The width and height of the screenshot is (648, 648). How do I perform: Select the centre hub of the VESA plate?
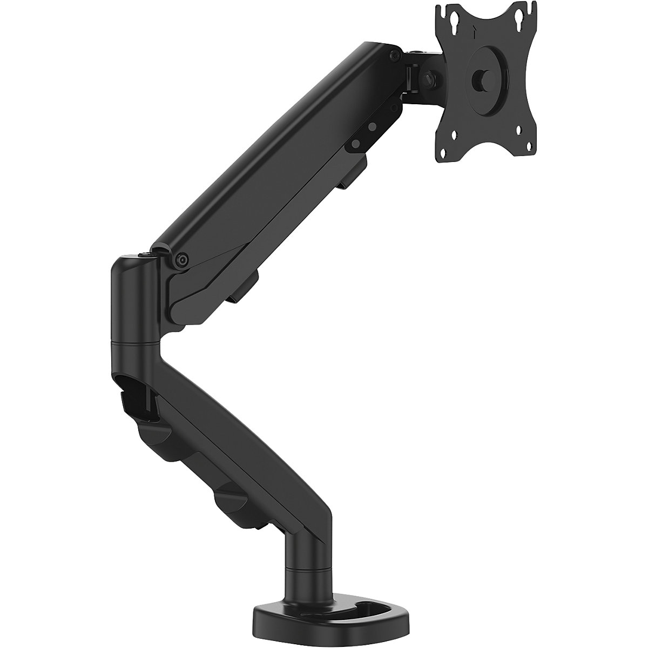click(x=479, y=79)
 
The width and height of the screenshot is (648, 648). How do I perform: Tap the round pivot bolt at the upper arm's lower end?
click(x=182, y=260)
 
